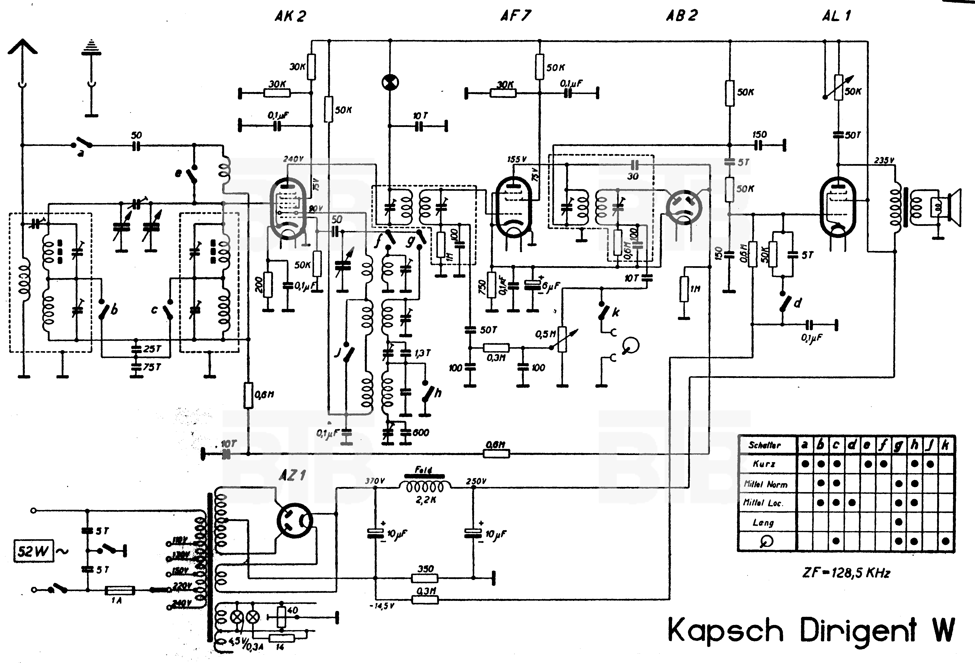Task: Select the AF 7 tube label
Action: tap(515, 15)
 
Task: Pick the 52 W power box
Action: tap(34, 551)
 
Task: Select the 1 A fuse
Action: tap(120, 591)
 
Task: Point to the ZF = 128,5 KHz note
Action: tap(846, 572)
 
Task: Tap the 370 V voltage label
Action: tap(375, 481)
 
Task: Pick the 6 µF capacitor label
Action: tap(550, 286)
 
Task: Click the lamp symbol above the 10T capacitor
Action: tap(390, 83)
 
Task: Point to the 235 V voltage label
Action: tap(884, 160)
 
